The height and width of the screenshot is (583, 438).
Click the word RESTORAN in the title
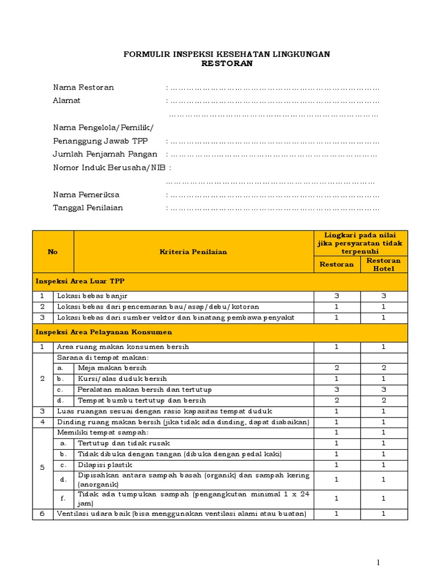[x=227, y=64]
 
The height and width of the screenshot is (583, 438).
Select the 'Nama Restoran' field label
[x=83, y=87]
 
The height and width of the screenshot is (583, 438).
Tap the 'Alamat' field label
[x=67, y=100]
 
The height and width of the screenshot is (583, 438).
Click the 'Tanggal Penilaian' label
[x=88, y=208]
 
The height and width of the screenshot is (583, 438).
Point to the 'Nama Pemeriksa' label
[x=86, y=195]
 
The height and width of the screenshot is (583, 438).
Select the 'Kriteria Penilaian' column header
[x=193, y=252]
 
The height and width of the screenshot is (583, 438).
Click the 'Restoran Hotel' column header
[x=383, y=264]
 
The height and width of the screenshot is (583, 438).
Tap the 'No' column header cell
[x=52, y=252]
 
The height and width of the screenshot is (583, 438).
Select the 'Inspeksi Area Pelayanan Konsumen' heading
[x=104, y=332]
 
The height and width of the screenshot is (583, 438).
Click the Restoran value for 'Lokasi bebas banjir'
[x=336, y=296]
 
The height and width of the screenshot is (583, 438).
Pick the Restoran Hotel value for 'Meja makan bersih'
[x=383, y=368]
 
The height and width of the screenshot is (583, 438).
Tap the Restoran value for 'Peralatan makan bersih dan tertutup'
[x=336, y=389]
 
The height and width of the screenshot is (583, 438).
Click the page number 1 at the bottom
[x=378, y=563]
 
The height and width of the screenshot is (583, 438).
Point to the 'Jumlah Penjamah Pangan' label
[x=105, y=154]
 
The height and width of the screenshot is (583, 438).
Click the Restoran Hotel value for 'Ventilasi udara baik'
[x=383, y=514]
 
